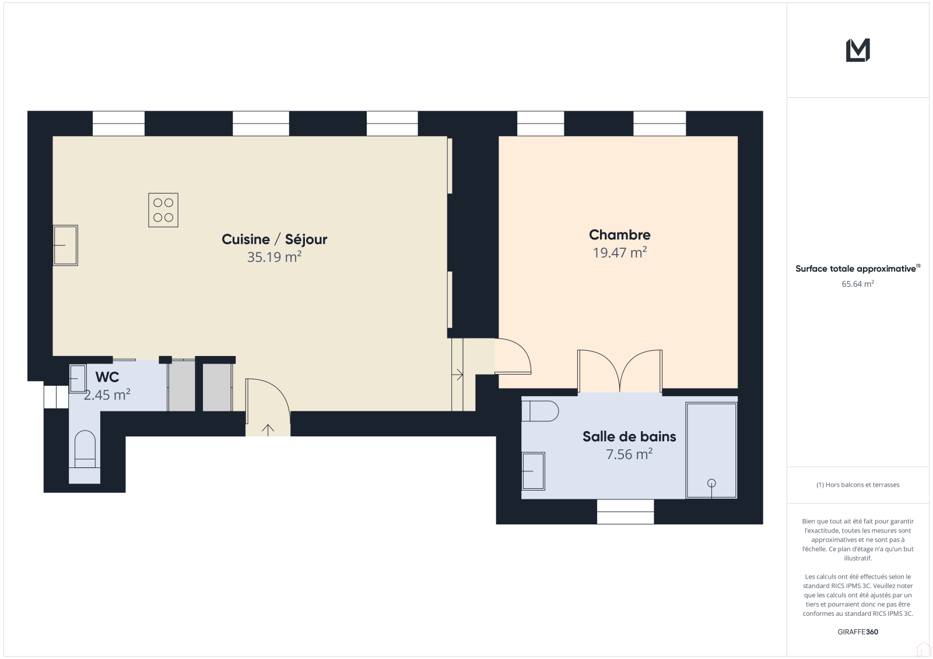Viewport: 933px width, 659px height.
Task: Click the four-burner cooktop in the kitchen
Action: point(163,210)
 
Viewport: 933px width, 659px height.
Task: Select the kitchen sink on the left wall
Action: point(65,245)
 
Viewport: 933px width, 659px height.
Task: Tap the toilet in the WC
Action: point(85,450)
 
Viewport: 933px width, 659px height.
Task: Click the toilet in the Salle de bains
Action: point(540,411)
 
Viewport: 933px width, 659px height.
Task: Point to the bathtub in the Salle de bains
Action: point(711,450)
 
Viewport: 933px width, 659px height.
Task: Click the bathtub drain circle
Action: point(711,483)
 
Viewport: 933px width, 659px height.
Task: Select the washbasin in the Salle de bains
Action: point(533,471)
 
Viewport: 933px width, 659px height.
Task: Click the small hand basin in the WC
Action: point(78,378)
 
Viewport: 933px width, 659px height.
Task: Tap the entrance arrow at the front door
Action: point(268,430)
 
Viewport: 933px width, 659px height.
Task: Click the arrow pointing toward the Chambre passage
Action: point(457,375)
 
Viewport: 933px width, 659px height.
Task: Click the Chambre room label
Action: point(620,235)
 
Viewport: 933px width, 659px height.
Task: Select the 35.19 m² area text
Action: point(274,257)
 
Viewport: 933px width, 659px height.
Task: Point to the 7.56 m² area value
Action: point(629,454)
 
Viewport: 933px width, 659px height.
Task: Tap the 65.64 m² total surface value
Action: point(858,284)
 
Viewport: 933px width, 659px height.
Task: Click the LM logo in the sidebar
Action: point(858,50)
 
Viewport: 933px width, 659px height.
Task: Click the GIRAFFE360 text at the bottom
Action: point(858,632)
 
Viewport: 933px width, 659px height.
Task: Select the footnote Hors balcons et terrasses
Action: point(858,485)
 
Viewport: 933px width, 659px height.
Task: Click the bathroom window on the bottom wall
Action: point(625,512)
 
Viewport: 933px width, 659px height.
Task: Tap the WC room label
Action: point(107,377)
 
